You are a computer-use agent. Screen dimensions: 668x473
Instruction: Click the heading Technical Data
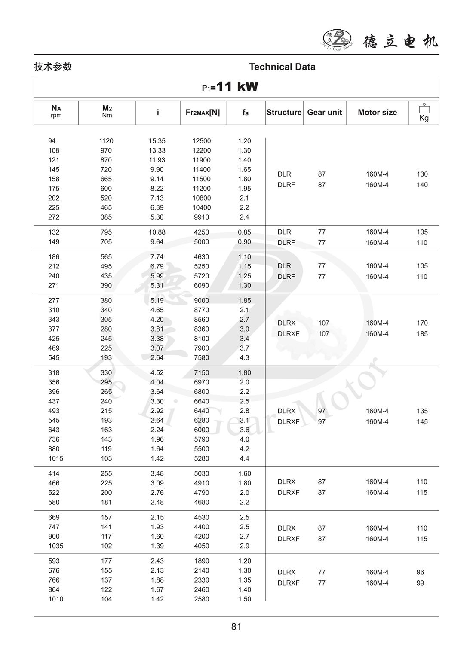(x=282, y=67)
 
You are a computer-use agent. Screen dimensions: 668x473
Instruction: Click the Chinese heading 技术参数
(x=53, y=67)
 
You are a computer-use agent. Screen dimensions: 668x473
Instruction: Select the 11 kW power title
(x=230, y=87)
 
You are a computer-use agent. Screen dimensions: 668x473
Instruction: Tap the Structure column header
(x=284, y=112)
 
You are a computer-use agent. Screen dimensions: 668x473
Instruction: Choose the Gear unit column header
(x=324, y=112)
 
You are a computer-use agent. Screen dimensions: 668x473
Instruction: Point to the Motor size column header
(x=377, y=112)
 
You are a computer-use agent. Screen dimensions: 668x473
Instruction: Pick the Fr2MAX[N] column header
(x=203, y=112)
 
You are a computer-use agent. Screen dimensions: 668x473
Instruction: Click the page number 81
(x=236, y=627)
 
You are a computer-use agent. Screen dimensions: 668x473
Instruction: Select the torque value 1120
(x=106, y=141)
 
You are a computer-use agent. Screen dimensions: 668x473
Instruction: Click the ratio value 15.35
(x=157, y=141)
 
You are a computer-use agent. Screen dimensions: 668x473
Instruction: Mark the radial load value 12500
(x=202, y=141)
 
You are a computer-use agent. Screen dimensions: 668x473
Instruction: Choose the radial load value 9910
(x=202, y=217)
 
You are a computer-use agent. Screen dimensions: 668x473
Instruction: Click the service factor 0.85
(x=244, y=232)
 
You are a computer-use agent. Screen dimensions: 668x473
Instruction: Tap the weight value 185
(x=422, y=334)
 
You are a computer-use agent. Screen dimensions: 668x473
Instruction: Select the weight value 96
(x=420, y=572)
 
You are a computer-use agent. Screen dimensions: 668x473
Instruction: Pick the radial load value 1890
(x=202, y=561)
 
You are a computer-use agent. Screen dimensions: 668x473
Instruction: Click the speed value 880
(x=54, y=449)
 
